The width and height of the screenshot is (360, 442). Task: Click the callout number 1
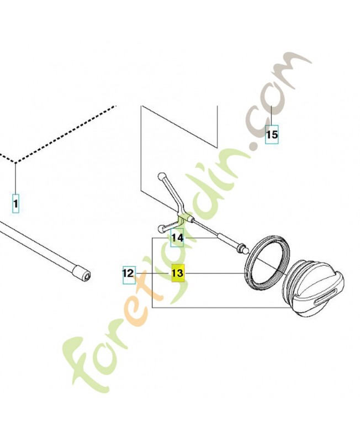16,203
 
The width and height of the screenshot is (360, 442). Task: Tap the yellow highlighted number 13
178,273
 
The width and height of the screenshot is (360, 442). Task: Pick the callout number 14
177,238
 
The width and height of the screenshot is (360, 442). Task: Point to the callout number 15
272,134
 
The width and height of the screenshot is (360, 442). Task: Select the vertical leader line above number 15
271,115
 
